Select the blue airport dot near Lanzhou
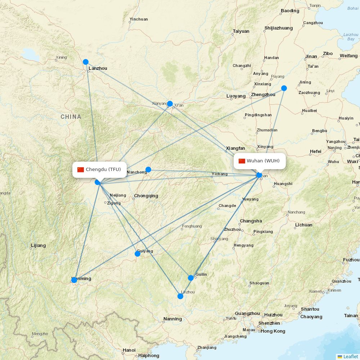pyautogui.click(x=86, y=62)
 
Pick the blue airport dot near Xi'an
pyautogui.click(x=170, y=104)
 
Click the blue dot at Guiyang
pyautogui.click(x=138, y=254)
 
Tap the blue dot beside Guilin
pyautogui.click(x=191, y=278)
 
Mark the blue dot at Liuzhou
pyautogui.click(x=180, y=296)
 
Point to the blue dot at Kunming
pyautogui.click(x=74, y=280)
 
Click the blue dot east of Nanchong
pyautogui.click(x=148, y=170)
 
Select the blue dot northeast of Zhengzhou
pyautogui.click(x=284, y=88)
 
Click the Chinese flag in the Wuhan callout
pyautogui.click(x=242, y=161)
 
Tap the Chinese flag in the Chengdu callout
pyautogui.click(x=81, y=170)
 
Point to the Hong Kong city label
pyautogui.click(x=273, y=331)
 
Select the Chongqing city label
pyautogui.click(x=146, y=196)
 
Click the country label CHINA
pyautogui.click(x=71, y=117)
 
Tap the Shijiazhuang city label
pyautogui.click(x=279, y=28)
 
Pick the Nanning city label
pyautogui.click(x=172, y=319)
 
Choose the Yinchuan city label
pyautogui.click(x=139, y=19)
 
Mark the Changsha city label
pyautogui.click(x=251, y=221)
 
